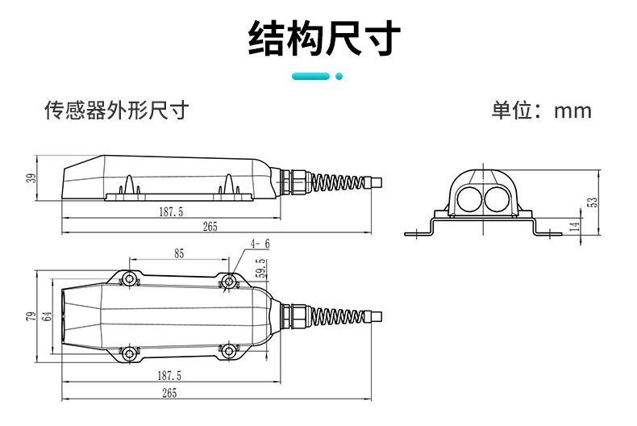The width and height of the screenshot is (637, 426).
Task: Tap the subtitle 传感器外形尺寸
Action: (x=116, y=111)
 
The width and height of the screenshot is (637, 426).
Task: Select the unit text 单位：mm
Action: (x=541, y=111)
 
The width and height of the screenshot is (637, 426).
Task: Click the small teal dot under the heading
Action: (x=339, y=77)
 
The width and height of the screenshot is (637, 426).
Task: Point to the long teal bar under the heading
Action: (x=310, y=77)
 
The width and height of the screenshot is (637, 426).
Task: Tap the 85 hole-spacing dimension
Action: (x=179, y=254)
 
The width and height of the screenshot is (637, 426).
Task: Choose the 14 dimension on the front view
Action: (x=574, y=227)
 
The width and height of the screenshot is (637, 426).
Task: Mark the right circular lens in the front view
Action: (x=497, y=197)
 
